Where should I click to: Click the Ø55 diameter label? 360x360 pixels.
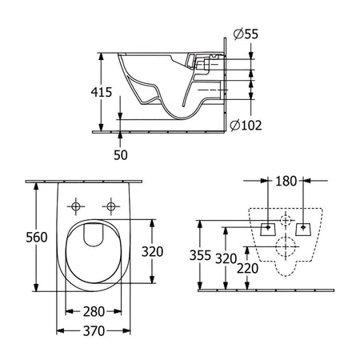pyautogui.click(x=246, y=34)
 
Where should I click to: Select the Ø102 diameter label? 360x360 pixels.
pyautogui.click(x=246, y=126)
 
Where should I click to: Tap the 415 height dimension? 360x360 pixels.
pyautogui.click(x=102, y=92)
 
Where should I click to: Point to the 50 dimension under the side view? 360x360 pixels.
pyautogui.click(x=121, y=155)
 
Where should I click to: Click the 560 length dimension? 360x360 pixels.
pyautogui.click(x=37, y=237)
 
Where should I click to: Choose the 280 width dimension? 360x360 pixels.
pyautogui.click(x=94, y=311)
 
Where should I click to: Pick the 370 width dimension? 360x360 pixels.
pyautogui.click(x=94, y=331)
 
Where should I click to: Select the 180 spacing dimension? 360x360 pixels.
pyautogui.click(x=286, y=181)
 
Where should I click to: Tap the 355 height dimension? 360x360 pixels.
pyautogui.click(x=200, y=255)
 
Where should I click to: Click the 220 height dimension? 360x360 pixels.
pyautogui.click(x=247, y=268)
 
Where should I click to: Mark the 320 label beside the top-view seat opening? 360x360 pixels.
pyautogui.click(x=152, y=251)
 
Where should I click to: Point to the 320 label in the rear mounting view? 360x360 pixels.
pyautogui.click(x=226, y=258)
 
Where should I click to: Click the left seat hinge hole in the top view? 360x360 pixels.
pyautogui.click(x=76, y=206)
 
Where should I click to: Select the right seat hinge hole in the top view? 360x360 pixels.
pyautogui.click(x=111, y=206)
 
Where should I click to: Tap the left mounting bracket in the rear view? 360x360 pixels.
pyautogui.click(x=269, y=229)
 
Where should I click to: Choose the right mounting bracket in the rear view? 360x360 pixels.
pyautogui.click(x=303, y=229)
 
